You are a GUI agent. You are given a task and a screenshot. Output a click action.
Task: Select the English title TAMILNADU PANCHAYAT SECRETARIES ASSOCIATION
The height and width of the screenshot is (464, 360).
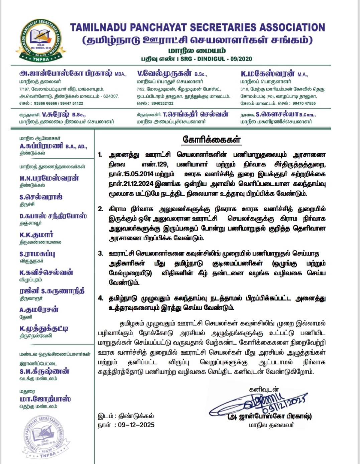(x=197, y=27)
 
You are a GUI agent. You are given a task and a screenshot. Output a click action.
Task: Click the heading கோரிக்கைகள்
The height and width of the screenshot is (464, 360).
(x=212, y=139)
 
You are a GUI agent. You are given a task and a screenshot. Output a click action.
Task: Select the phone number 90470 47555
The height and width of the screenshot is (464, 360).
(x=304, y=103)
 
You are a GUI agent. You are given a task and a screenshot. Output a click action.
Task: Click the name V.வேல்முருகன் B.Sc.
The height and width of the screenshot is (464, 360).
(x=172, y=74)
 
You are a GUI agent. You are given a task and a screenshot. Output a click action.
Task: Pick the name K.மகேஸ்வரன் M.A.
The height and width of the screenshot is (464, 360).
(x=274, y=74)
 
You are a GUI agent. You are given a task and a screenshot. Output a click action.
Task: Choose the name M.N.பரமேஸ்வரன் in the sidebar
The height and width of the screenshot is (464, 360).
(x=49, y=178)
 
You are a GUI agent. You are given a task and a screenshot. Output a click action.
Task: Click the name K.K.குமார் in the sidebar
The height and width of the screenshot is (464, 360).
(x=36, y=235)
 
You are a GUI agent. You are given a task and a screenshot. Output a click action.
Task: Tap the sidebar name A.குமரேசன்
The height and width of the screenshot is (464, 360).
(x=39, y=310)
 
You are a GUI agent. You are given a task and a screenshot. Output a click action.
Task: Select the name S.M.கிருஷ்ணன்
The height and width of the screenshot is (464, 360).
(x=44, y=371)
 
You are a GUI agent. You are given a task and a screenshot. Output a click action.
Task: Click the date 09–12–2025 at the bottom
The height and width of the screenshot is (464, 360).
(x=136, y=425)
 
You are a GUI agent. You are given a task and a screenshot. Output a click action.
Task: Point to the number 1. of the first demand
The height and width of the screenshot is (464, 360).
(x=100, y=155)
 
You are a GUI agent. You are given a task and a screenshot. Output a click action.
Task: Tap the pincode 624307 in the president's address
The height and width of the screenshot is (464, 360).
(x=111, y=96)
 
